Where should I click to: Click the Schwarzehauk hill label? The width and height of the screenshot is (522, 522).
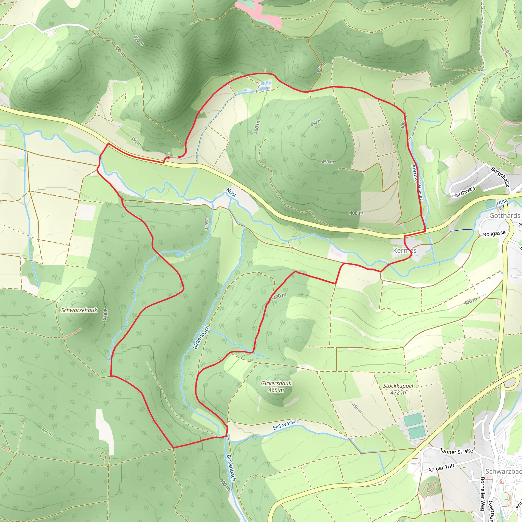coord(79,310)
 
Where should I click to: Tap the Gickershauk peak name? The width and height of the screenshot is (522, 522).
coord(276,383)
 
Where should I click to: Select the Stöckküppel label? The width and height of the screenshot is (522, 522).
coord(398,386)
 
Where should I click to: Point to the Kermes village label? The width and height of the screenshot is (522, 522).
coord(404,251)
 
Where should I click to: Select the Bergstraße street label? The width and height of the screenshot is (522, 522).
coord(501,177)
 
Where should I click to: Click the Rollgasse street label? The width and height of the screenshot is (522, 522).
coord(494,233)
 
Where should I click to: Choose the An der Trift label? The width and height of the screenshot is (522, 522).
coord(441,468)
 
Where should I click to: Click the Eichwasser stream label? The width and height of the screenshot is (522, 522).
coord(285,425)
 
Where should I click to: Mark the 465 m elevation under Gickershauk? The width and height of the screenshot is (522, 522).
coord(276,390)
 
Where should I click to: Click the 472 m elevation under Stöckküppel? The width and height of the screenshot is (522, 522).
coord(398,393)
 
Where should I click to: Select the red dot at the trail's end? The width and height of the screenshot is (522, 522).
coord(168,158)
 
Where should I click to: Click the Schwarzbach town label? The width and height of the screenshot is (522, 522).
coord(503,472)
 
